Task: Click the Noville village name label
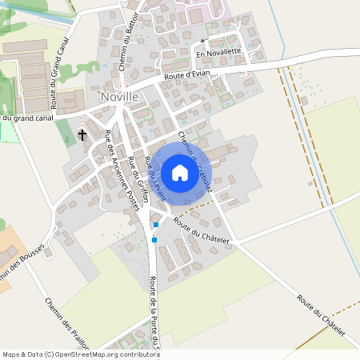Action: point(120,97)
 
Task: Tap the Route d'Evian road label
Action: point(186,76)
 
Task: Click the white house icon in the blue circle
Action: point(180,172)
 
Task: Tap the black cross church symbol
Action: point(82,134)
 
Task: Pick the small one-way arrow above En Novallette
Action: point(203,40)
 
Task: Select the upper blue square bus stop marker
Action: point(155,225)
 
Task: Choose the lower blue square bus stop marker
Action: point(154,239)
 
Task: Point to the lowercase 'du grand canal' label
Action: point(28,118)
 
